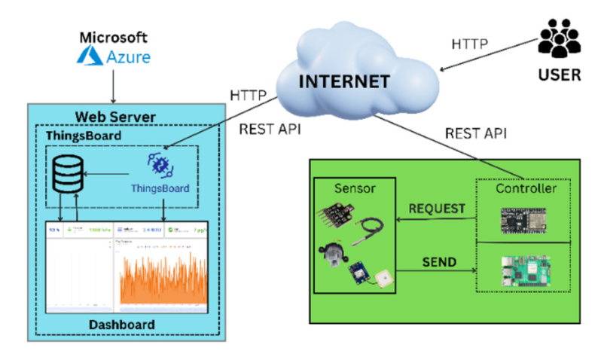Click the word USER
click(x=560, y=75)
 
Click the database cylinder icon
click(x=66, y=177)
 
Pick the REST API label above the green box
click(x=476, y=133)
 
